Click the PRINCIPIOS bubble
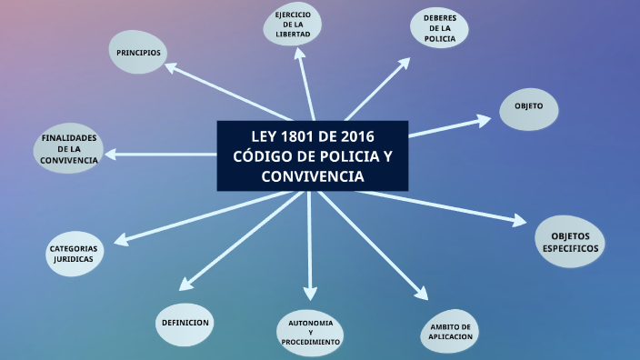point(138,53)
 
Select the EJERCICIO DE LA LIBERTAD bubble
point(293,25)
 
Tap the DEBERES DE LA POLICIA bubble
point(439,27)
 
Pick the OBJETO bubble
point(528,106)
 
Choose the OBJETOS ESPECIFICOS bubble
point(570,242)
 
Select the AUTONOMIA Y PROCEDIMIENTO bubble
point(310,334)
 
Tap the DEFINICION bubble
point(185,324)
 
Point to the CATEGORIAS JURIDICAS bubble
point(74,253)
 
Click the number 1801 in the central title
point(300,137)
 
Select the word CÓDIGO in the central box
point(261,156)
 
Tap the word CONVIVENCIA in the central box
point(312,175)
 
